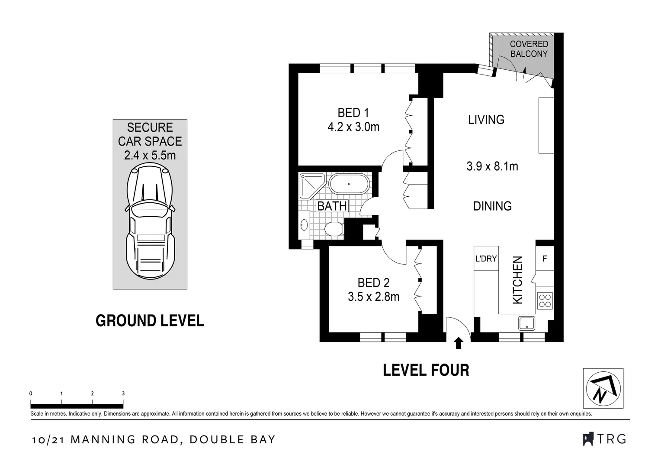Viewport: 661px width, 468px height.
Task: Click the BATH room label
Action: (332, 206)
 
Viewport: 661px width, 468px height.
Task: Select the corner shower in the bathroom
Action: (312, 186)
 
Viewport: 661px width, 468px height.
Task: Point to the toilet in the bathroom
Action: (334, 229)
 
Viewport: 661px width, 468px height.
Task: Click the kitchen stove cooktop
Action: (545, 301)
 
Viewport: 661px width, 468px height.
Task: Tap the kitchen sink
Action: (526, 323)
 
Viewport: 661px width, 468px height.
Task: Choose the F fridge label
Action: (545, 259)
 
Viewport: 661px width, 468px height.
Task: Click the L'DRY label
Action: (486, 259)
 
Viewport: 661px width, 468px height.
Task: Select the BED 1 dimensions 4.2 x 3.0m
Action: (353, 127)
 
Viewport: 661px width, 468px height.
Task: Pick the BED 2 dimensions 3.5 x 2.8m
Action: (374, 296)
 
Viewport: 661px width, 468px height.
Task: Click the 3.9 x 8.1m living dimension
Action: (492, 166)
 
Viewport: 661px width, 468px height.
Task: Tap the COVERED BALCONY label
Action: (529, 49)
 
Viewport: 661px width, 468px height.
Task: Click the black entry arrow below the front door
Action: (458, 343)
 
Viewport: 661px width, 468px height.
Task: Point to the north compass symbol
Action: (603, 388)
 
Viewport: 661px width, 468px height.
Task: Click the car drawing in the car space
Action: (150, 221)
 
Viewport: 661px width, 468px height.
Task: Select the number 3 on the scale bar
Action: (123, 393)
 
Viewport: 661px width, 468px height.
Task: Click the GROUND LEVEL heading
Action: (150, 321)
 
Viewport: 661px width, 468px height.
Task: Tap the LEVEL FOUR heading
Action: (426, 370)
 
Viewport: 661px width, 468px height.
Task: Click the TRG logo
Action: (605, 439)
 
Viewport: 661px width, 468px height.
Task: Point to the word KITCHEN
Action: (517, 280)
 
